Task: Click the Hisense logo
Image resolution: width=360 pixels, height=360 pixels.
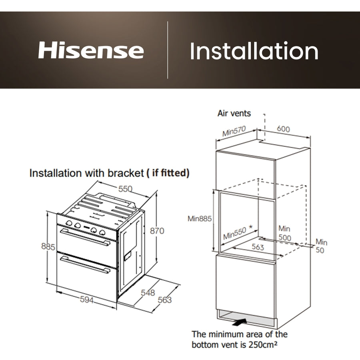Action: click(91, 51)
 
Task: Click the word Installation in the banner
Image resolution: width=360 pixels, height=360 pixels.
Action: click(254, 51)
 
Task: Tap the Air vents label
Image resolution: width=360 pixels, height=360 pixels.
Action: click(234, 113)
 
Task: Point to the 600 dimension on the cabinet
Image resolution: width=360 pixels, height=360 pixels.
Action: click(283, 129)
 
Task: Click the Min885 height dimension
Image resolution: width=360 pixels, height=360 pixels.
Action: click(199, 219)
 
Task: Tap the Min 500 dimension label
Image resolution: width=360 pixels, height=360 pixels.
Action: click(284, 233)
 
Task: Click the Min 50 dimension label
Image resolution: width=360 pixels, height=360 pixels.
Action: click(321, 246)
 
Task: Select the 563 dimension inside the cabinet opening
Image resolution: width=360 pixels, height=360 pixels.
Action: click(258, 248)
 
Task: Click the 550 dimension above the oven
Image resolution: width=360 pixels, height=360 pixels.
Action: click(125, 189)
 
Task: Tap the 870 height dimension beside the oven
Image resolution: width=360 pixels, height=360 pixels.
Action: click(157, 231)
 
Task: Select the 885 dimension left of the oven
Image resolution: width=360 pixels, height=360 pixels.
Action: click(48, 247)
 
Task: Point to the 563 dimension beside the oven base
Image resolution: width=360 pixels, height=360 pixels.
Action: click(164, 300)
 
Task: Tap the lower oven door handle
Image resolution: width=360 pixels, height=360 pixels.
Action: click(85, 265)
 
